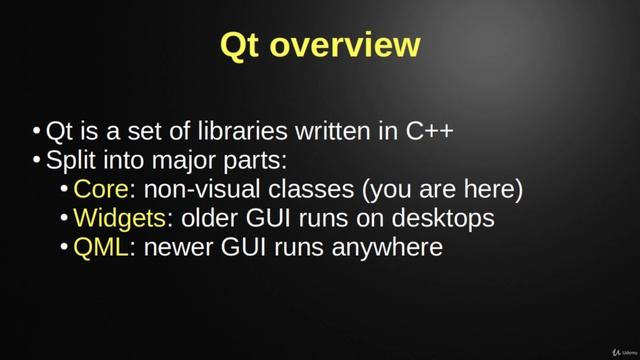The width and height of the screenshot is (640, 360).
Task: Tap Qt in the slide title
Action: [243, 46]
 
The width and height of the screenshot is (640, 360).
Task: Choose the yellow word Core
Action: [100, 189]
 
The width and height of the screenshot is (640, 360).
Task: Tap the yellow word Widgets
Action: [115, 217]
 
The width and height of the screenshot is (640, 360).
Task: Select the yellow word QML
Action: [102, 246]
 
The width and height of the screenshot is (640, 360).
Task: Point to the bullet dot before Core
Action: [65, 190]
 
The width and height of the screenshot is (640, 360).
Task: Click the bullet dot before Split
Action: [37, 161]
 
